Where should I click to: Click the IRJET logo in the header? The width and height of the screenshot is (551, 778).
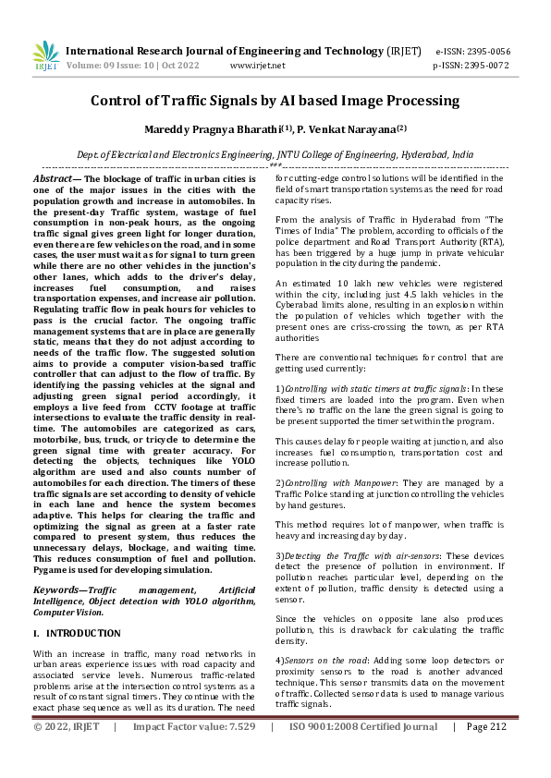[45, 57]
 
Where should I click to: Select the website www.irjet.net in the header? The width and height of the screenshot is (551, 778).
[257, 66]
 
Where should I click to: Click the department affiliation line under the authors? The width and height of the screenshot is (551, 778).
[275, 155]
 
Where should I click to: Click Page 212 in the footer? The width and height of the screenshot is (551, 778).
[486, 752]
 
